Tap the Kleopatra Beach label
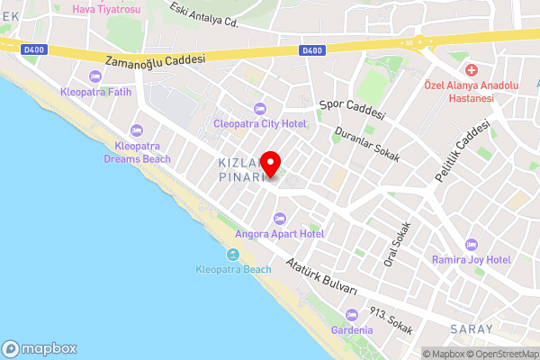233,269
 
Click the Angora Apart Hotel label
279,233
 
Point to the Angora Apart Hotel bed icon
279,218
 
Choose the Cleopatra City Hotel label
260,123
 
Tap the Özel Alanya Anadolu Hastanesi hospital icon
470,70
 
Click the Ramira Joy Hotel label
471,259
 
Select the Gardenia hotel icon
351,314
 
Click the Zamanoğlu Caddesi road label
155,60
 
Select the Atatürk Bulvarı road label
321,277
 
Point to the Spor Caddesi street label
352,110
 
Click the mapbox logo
40,348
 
